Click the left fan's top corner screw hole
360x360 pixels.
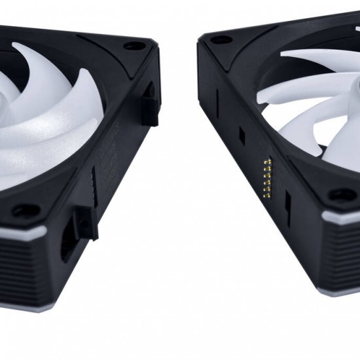(135, 46)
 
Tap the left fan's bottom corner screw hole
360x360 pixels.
(26, 211)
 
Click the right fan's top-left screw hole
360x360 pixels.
(221, 40)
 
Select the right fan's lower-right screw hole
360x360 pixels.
(342, 195)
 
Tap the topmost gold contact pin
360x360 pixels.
(264, 161)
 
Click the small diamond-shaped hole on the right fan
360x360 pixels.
(242, 135)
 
